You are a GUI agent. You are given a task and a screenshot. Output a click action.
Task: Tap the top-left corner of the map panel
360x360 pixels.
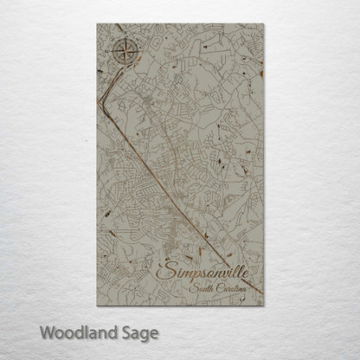[x=96, y=25]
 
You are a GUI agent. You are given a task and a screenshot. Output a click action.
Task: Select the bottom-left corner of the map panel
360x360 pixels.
[x=96, y=307]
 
